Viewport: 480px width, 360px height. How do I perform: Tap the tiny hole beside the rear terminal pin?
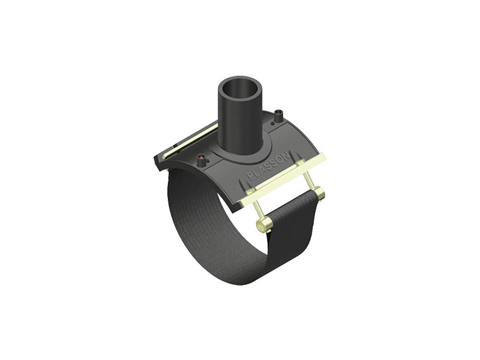[x=273, y=124]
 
